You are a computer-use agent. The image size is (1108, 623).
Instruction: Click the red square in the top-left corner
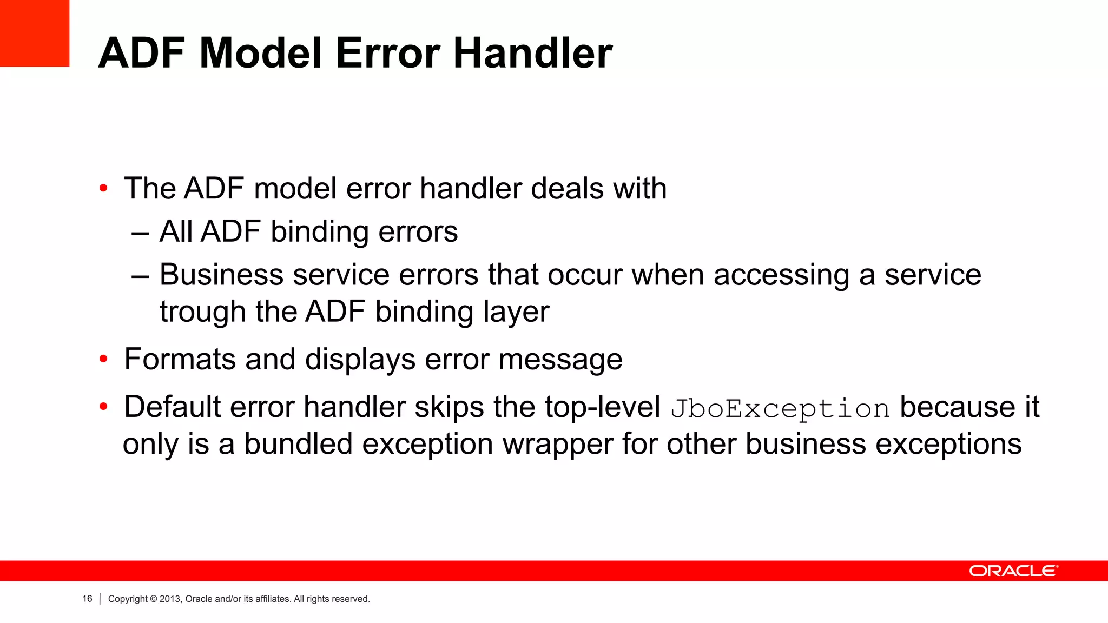pos(35,33)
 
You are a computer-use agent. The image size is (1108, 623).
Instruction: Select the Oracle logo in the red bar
pos(1013,571)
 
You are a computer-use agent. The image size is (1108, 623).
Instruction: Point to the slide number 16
pos(87,599)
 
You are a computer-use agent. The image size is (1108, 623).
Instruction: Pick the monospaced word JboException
pos(780,408)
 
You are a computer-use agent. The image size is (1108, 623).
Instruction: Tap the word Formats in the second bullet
pos(180,359)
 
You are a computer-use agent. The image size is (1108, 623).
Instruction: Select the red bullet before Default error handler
pos(103,407)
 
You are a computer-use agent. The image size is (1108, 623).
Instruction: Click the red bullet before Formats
pos(103,359)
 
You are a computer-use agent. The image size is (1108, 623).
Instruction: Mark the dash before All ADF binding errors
pos(140,233)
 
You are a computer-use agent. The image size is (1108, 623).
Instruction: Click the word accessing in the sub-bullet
pos(781,275)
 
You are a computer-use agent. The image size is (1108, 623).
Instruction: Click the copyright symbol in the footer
pos(154,599)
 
